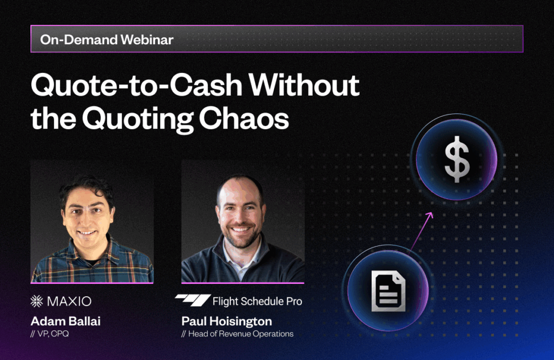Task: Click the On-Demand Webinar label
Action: tap(107, 39)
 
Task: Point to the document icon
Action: tap(388, 291)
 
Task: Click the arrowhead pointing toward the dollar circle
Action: tap(431, 216)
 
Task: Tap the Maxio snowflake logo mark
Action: tap(38, 301)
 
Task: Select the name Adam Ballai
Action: tap(65, 322)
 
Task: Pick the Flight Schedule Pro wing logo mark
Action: tap(192, 301)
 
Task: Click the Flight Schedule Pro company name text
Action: tap(257, 301)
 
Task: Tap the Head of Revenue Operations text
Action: tap(241, 334)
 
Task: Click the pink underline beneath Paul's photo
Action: tap(242, 283)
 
